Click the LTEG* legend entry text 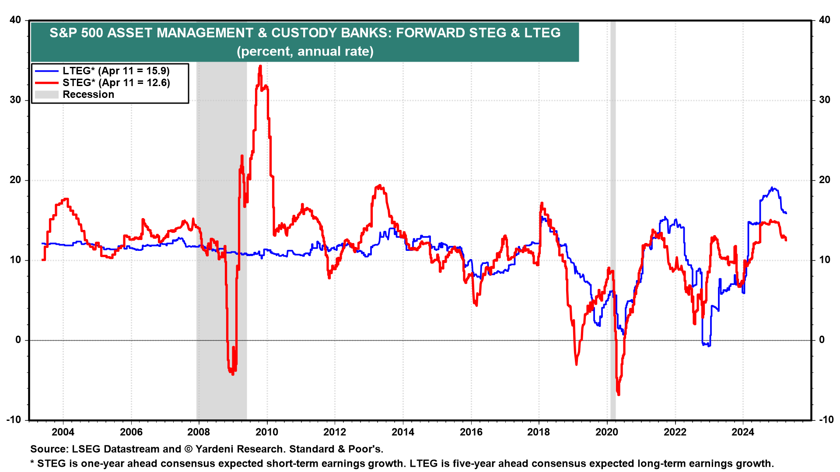tap(116, 71)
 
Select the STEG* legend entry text tap(116, 83)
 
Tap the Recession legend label tap(88, 94)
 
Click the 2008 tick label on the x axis tap(199, 432)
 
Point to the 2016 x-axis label tap(471, 432)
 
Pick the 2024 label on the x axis tap(743, 432)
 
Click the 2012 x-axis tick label tap(335, 432)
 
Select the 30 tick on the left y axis tap(15, 100)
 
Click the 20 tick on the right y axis tap(824, 180)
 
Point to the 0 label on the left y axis tap(18, 340)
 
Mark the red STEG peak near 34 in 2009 tap(260, 66)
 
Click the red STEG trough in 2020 tap(619, 394)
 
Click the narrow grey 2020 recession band tap(613, 219)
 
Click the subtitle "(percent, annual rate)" tap(305, 52)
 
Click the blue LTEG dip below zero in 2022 tap(706, 344)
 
